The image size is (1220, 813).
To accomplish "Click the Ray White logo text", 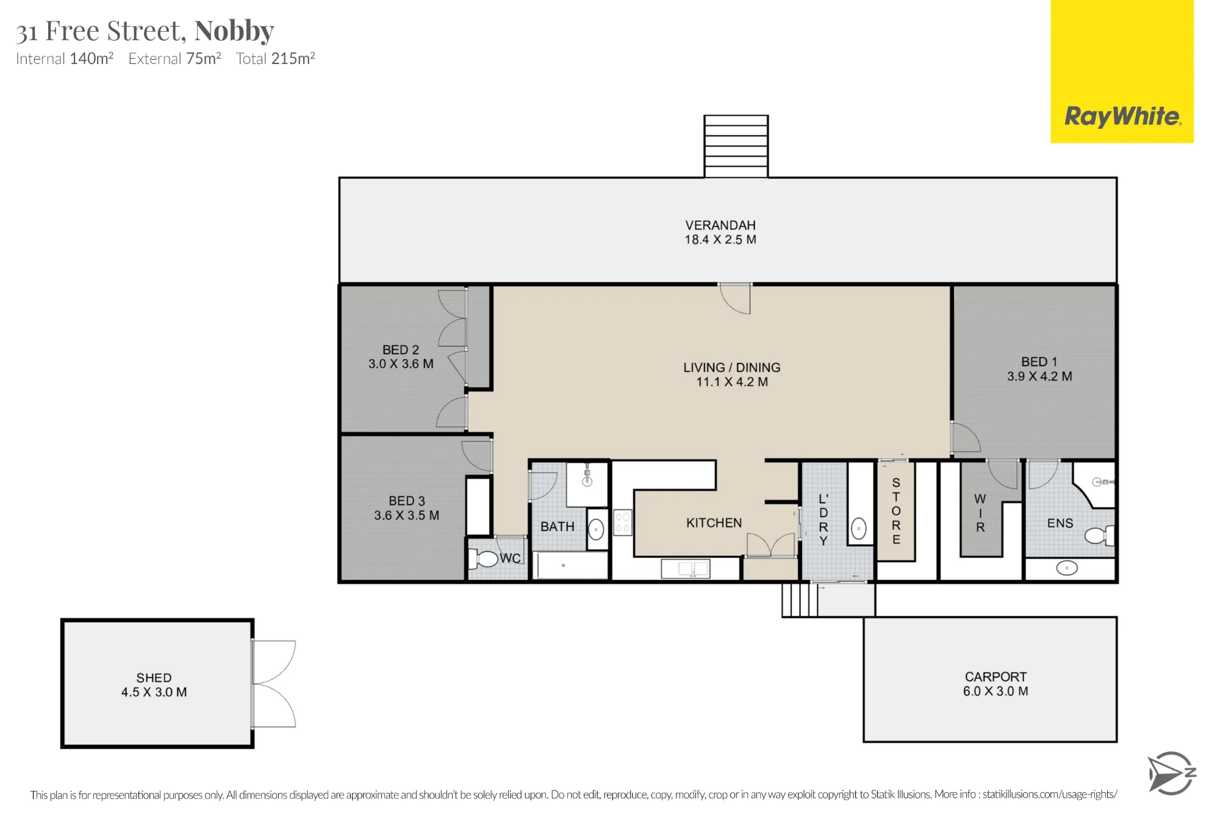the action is tap(1122, 116).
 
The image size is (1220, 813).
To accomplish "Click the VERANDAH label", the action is tap(720, 225).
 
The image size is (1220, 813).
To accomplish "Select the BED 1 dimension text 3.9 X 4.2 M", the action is tap(1039, 376).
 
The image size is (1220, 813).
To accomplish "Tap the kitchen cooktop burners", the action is tap(622, 523).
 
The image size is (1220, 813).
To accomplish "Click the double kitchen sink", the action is tap(686, 568).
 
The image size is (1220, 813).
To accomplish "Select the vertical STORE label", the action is tap(896, 511).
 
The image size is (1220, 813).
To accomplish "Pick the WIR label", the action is tap(980, 513).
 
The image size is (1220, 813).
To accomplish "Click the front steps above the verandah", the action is tap(736, 146).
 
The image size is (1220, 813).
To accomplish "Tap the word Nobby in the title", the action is tap(234, 30).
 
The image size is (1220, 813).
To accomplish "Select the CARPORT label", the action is tap(996, 676).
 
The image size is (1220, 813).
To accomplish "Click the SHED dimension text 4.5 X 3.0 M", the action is tap(154, 692).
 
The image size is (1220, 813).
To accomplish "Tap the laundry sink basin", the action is tap(859, 528).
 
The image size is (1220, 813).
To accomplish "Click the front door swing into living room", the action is tap(735, 299).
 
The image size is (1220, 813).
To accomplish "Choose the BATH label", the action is tap(558, 526).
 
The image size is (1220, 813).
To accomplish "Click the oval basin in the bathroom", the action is tap(596, 529).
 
